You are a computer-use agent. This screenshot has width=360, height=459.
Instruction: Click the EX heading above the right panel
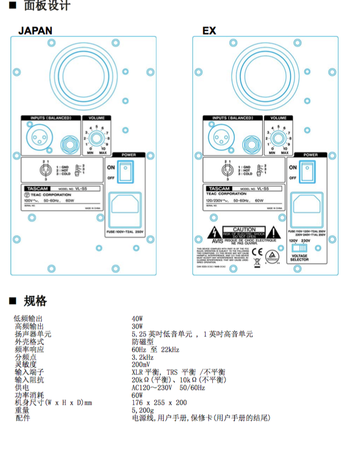click(209, 30)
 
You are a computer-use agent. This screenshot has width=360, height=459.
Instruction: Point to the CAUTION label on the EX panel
click(244, 230)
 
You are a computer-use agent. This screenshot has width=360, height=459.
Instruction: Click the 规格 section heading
click(35, 301)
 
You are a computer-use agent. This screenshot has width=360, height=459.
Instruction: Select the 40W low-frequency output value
click(137, 319)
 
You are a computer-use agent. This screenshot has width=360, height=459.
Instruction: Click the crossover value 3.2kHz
click(142, 357)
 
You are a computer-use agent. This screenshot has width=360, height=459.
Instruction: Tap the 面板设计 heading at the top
click(47, 7)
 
